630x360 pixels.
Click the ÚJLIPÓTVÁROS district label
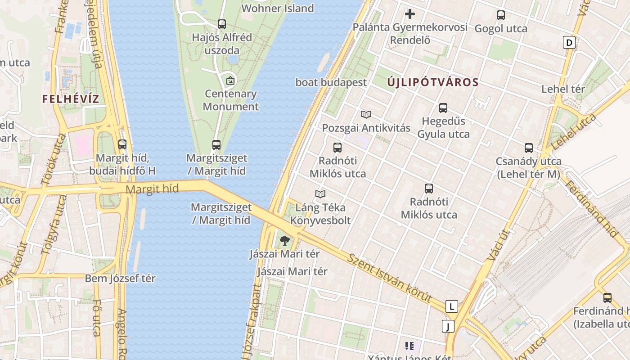click(432, 82)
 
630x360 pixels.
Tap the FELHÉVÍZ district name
click(71, 99)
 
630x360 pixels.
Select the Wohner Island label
click(278, 8)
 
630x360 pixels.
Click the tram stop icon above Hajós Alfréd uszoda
click(221, 24)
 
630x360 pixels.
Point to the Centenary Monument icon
click(230, 81)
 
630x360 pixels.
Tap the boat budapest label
click(331, 82)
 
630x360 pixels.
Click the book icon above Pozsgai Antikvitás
click(366, 115)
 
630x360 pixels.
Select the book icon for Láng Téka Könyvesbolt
click(320, 194)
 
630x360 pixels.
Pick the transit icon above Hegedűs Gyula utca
click(443, 108)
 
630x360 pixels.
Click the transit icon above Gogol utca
click(501, 15)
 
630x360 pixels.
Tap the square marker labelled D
click(569, 43)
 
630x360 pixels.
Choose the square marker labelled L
click(451, 307)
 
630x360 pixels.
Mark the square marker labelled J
click(448, 326)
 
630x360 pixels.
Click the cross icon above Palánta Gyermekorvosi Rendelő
click(410, 14)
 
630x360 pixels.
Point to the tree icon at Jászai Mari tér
click(284, 241)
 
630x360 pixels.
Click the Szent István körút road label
click(390, 278)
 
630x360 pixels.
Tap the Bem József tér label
click(120, 279)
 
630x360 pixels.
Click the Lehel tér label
click(563, 89)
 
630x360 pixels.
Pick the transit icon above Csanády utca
click(529, 148)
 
